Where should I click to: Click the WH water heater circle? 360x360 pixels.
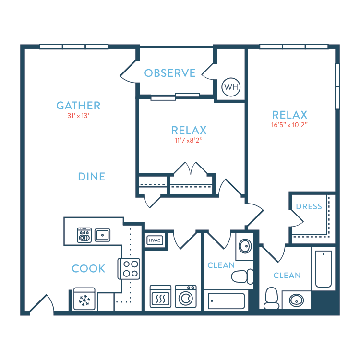point(231,87)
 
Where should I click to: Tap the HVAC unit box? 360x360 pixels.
point(155,240)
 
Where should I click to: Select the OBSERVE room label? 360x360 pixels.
point(170,73)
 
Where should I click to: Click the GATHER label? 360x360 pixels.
point(78,106)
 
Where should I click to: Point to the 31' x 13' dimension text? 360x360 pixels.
point(78,116)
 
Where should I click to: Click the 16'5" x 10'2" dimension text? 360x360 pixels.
point(289,125)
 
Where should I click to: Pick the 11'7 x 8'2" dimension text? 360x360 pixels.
point(189,140)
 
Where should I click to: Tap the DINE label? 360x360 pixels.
point(92,177)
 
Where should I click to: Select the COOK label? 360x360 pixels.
point(88,268)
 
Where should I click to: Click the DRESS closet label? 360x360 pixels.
point(309,206)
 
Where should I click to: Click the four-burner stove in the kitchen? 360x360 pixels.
point(129,269)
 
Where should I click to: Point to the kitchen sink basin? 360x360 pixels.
point(103,235)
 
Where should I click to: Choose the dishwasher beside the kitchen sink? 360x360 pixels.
point(84,235)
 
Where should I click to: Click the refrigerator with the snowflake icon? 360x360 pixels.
point(84,299)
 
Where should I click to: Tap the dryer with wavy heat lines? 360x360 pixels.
point(160,297)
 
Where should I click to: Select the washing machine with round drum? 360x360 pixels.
point(186,297)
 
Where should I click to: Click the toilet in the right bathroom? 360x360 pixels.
point(271,298)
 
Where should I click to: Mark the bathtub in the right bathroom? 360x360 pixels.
point(324,269)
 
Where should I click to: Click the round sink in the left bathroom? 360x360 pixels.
point(245,246)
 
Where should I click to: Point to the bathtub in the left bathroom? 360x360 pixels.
point(227,301)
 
